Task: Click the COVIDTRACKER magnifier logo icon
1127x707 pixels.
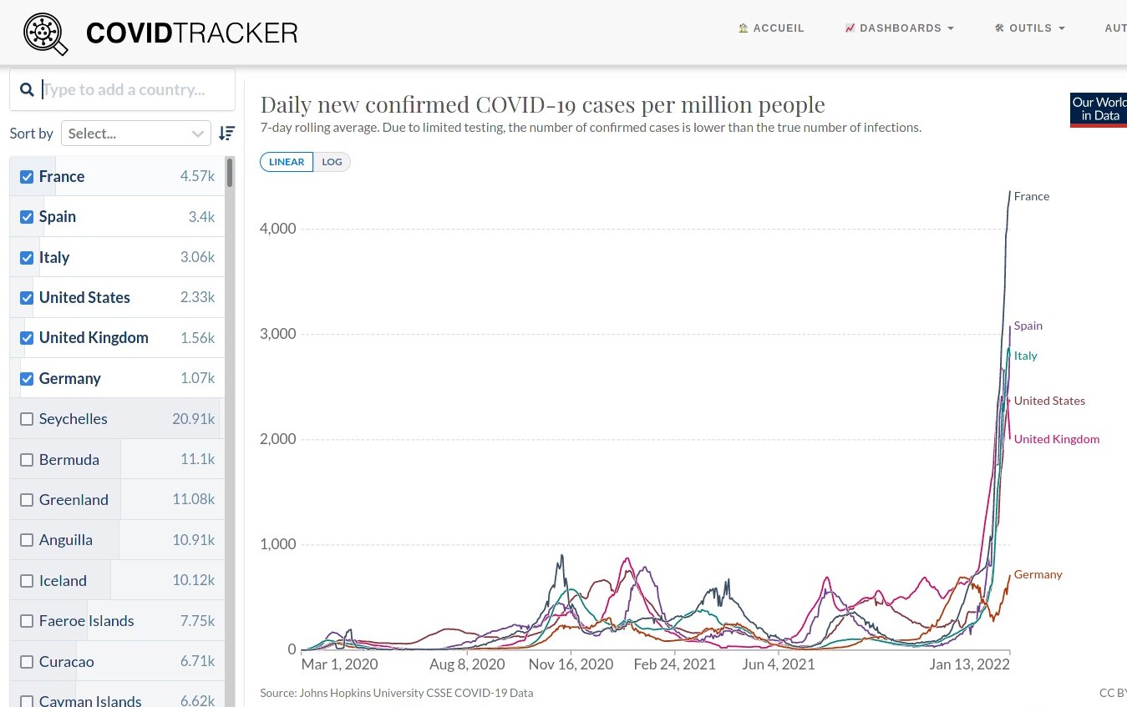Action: pyautogui.click(x=45, y=33)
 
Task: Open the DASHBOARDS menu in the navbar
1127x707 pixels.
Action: pyautogui.click(x=899, y=28)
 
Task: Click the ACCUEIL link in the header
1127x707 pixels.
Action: pyautogui.click(x=771, y=28)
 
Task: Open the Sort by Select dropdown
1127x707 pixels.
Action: pyautogui.click(x=136, y=134)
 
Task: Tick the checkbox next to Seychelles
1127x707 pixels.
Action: pyautogui.click(x=27, y=419)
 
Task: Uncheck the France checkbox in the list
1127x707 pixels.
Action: pyautogui.click(x=27, y=177)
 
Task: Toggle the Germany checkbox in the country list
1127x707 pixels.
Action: pyautogui.click(x=27, y=379)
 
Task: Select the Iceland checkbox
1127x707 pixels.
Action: pyautogui.click(x=27, y=581)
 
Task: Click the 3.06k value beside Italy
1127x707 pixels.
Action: pyautogui.click(x=197, y=257)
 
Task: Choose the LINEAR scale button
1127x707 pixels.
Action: pyautogui.click(x=287, y=162)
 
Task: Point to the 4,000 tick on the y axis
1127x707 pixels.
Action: pyautogui.click(x=279, y=229)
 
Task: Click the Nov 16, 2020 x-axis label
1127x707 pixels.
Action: pyautogui.click(x=571, y=665)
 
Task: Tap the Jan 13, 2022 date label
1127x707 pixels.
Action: pyautogui.click(x=969, y=665)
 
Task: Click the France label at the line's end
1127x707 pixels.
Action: pyautogui.click(x=1031, y=197)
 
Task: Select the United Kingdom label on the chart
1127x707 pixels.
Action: pyautogui.click(x=1056, y=440)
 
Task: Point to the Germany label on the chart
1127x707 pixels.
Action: pyautogui.click(x=1038, y=575)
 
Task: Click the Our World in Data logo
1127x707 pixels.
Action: pyautogui.click(x=1098, y=109)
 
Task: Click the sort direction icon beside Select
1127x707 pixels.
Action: pyautogui.click(x=226, y=134)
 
